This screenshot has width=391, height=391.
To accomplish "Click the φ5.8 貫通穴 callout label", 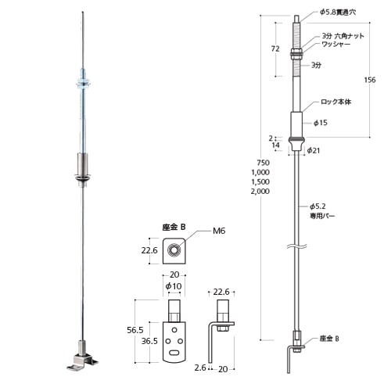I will click(x=337, y=13).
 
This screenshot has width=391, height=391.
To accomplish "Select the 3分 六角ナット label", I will click(x=341, y=36).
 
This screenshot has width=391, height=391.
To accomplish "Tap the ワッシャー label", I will click(x=336, y=45).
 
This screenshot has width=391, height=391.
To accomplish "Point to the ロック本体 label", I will click(x=336, y=102).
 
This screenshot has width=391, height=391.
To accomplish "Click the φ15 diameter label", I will click(x=320, y=123).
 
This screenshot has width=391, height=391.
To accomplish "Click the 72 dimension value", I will click(x=275, y=48).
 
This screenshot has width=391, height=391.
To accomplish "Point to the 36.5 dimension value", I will click(x=151, y=341).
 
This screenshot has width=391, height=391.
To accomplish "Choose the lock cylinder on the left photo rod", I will click(x=83, y=164).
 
